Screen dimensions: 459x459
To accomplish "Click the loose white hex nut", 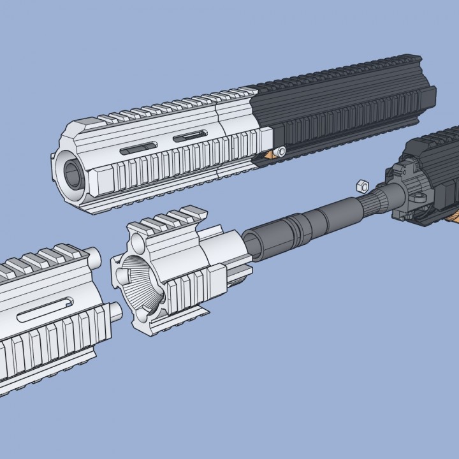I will [x=360, y=186].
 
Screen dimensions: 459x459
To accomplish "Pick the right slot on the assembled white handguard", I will [x=189, y=135].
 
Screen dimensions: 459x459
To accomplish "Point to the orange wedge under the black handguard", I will [x=280, y=152].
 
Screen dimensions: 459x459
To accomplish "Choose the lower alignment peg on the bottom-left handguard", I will [x=114, y=312].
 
